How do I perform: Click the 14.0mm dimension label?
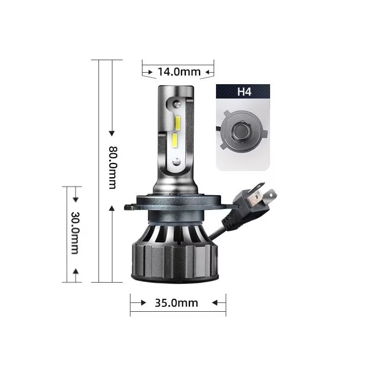point(178,72)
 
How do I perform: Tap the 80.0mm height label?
point(112,167)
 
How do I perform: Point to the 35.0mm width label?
point(176,303)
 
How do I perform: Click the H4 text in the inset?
point(244,92)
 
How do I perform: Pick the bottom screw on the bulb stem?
point(176,161)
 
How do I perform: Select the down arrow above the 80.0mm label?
point(111,133)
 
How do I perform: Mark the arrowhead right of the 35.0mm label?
point(215,303)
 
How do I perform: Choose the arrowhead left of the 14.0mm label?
point(149,72)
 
